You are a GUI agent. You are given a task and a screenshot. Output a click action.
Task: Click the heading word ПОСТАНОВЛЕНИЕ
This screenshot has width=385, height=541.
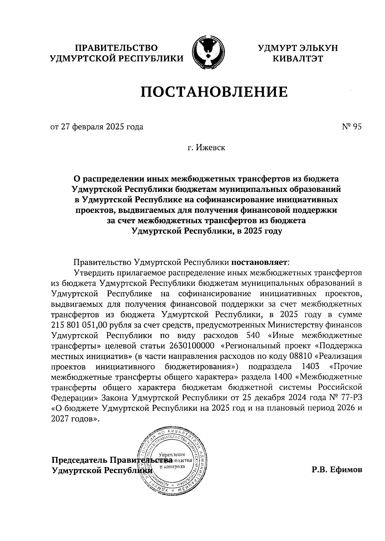pos(214,92)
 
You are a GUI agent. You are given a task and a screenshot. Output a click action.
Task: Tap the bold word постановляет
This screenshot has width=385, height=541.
pos(260,262)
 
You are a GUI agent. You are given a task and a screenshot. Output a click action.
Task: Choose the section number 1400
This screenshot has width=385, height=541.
pos(283,377)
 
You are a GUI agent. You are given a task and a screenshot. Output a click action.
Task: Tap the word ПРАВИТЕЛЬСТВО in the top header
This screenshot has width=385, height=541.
pos(116,48)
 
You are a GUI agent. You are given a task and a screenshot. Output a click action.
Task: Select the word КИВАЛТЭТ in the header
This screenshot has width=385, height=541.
pos(297,58)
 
